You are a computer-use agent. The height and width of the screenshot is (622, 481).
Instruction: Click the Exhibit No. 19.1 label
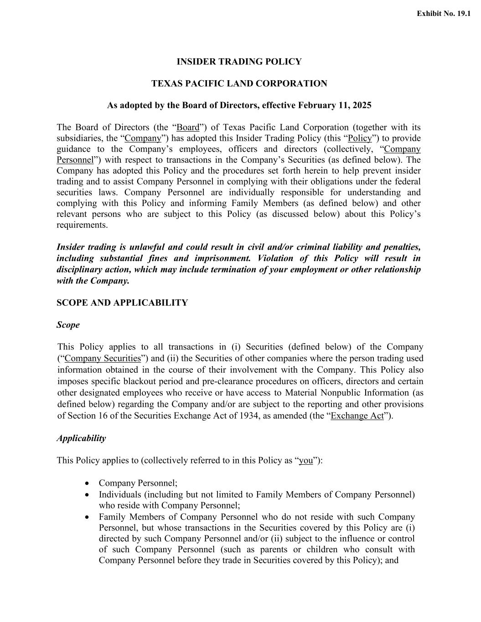[x=443, y=14]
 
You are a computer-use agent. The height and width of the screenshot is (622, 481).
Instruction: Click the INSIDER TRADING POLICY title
[x=239, y=62]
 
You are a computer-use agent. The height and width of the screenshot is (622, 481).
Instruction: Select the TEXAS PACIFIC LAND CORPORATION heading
[x=239, y=84]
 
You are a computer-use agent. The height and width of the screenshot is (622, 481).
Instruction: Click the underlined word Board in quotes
[x=188, y=127]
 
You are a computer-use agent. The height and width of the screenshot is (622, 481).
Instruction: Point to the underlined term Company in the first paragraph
[x=143, y=138]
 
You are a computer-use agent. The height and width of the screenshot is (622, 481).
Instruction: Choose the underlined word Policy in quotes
[x=360, y=138]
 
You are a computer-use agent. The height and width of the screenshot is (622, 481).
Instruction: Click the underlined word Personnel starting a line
[x=75, y=160]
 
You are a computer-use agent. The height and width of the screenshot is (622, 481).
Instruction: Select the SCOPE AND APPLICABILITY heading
[x=122, y=303]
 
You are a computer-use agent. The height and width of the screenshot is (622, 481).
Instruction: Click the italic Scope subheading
[x=68, y=325]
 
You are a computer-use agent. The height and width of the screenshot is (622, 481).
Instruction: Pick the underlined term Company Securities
[x=103, y=359]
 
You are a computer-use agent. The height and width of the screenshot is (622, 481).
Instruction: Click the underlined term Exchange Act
[x=357, y=416]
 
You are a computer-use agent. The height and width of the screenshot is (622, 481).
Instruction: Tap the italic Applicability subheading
[x=81, y=438]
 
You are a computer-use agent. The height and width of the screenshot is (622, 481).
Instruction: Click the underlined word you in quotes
[x=306, y=461]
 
